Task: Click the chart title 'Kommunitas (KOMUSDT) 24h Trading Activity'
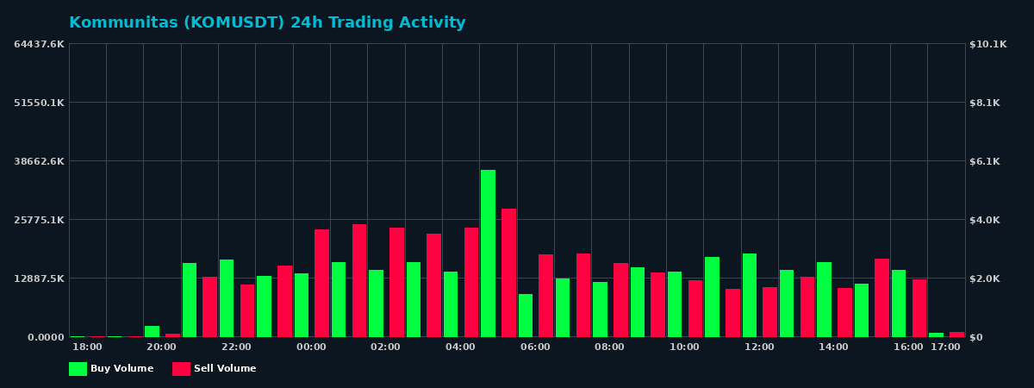(x=267, y=23)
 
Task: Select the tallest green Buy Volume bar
(x=488, y=253)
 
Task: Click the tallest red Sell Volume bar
(x=508, y=272)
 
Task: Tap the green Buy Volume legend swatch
(x=78, y=369)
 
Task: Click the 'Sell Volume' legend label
(x=224, y=369)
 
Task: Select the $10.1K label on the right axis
(x=987, y=44)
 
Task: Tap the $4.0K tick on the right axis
(x=985, y=220)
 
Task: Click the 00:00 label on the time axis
(x=311, y=347)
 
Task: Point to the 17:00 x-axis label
(x=945, y=347)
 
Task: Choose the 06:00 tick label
(x=535, y=347)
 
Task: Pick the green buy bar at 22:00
(x=227, y=298)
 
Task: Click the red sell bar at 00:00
(x=321, y=283)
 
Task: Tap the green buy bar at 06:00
(x=526, y=316)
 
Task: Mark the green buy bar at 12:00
(x=750, y=295)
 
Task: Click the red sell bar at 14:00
(x=844, y=312)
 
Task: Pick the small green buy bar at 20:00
(x=152, y=331)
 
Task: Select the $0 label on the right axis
(x=976, y=337)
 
